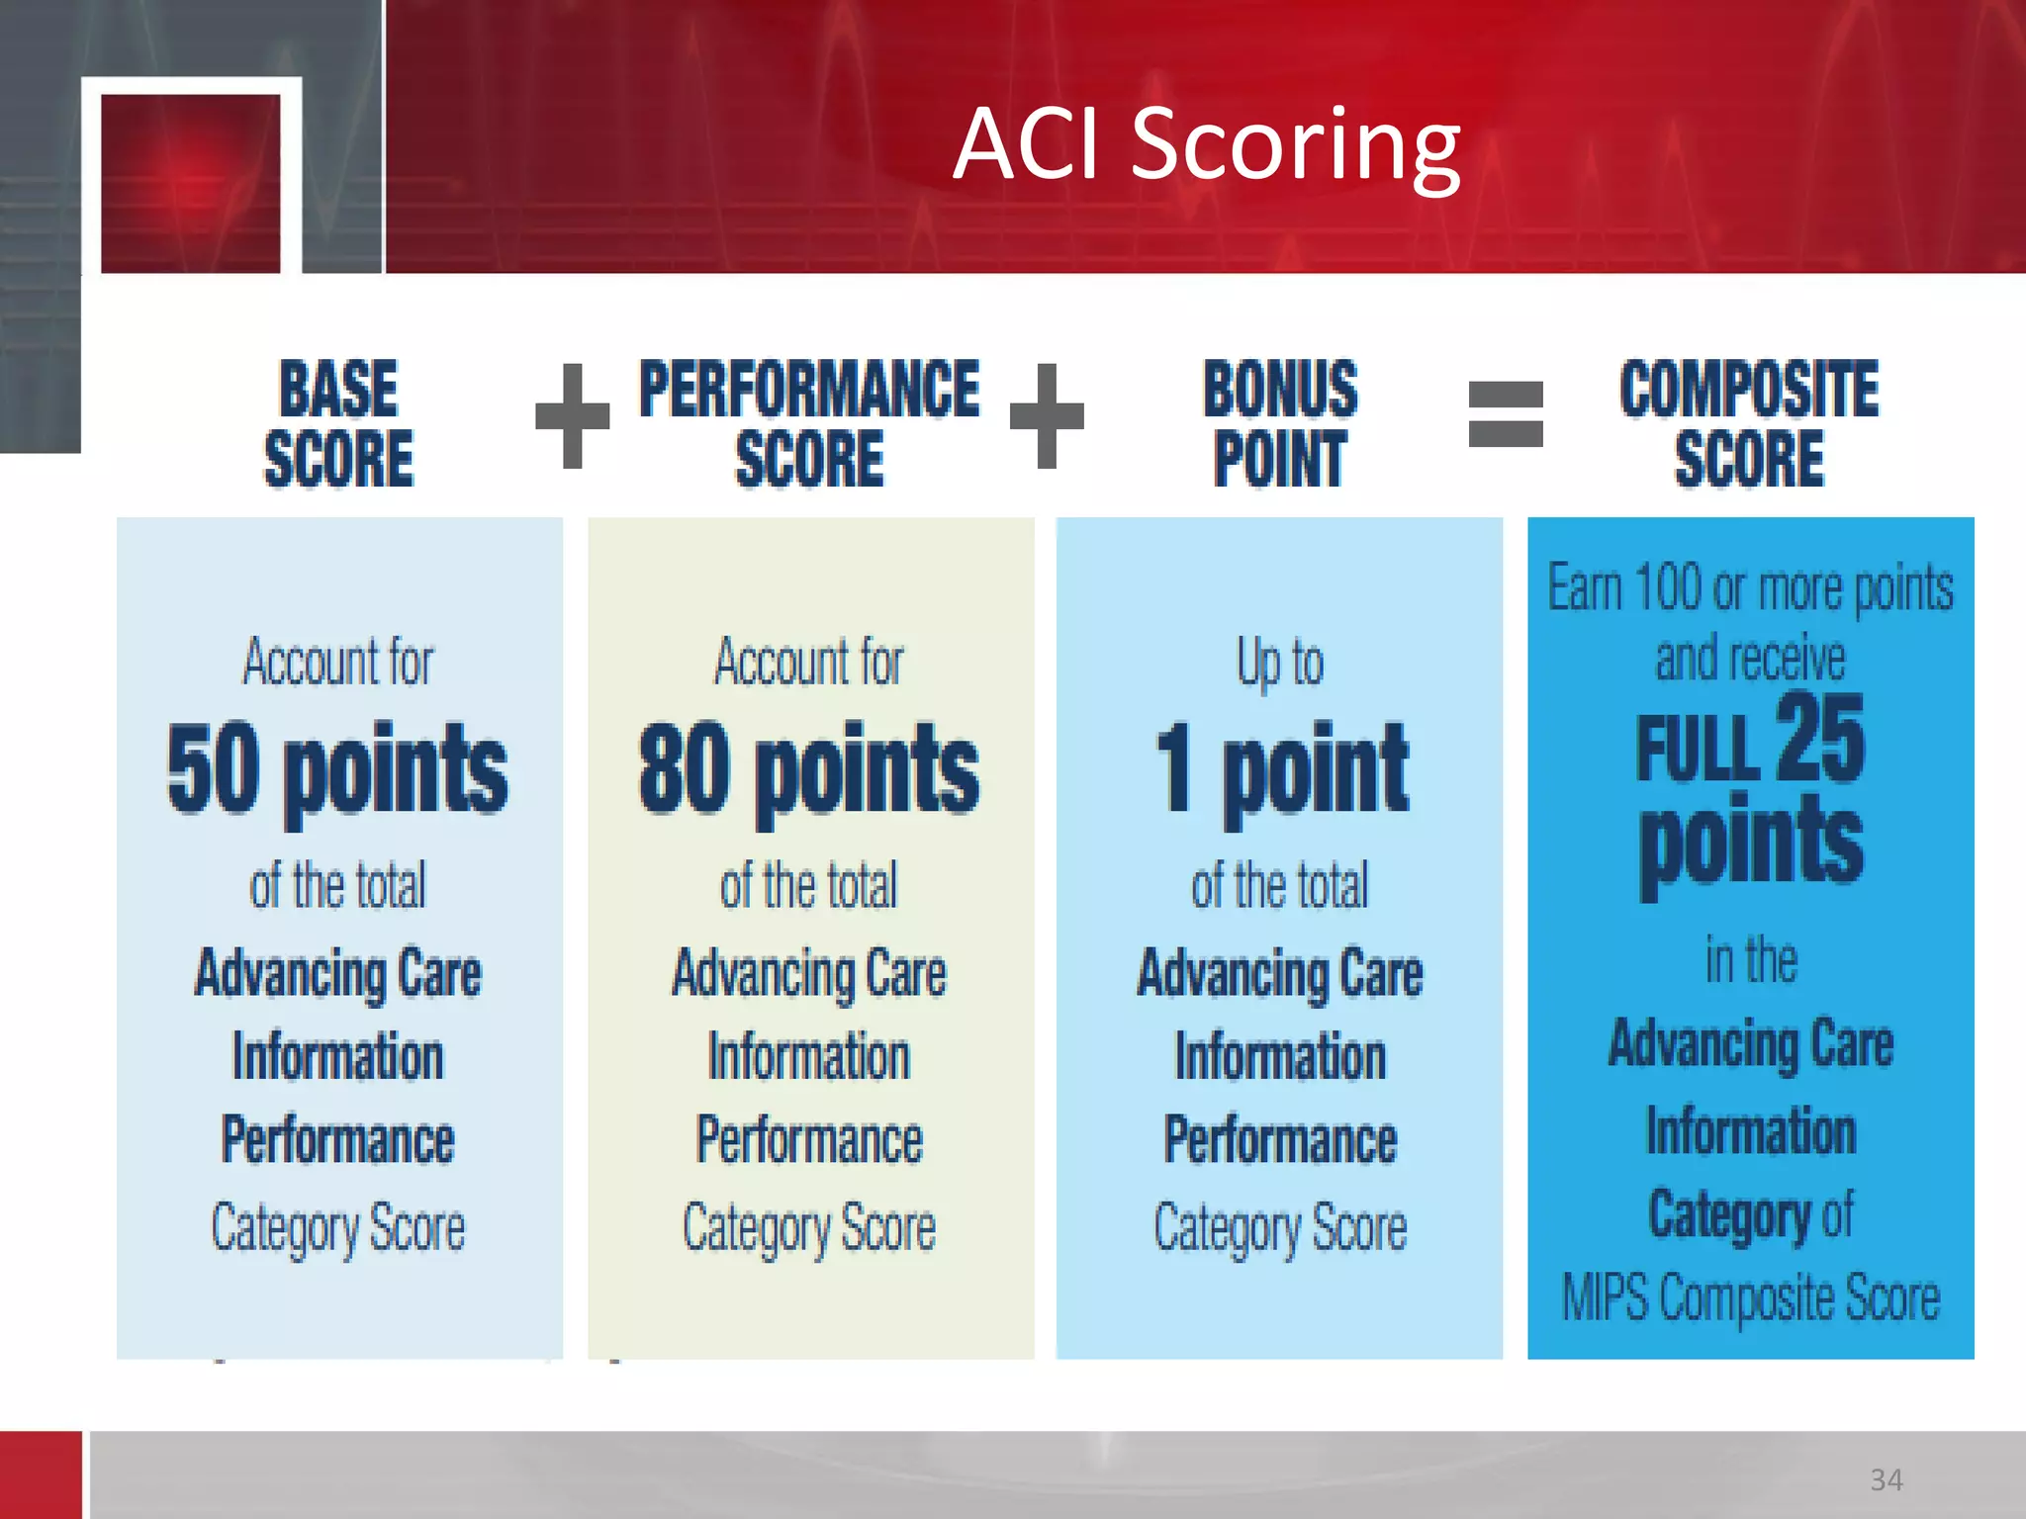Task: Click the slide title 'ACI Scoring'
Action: coord(1206,145)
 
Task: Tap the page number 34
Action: coord(1886,1479)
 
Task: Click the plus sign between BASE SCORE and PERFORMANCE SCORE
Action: coord(572,415)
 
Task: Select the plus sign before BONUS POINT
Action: coord(1047,415)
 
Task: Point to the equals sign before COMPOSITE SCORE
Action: coord(1505,414)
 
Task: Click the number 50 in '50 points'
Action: coord(213,769)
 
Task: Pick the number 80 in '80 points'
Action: coord(685,769)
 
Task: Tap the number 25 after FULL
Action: coord(1820,739)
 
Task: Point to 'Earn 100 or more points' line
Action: coord(1750,588)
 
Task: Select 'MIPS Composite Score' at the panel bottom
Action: coord(1750,1297)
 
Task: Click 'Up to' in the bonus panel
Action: coord(1280,663)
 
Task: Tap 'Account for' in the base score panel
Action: coord(338,663)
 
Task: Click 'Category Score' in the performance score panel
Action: coord(809,1228)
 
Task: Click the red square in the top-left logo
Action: coord(190,183)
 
